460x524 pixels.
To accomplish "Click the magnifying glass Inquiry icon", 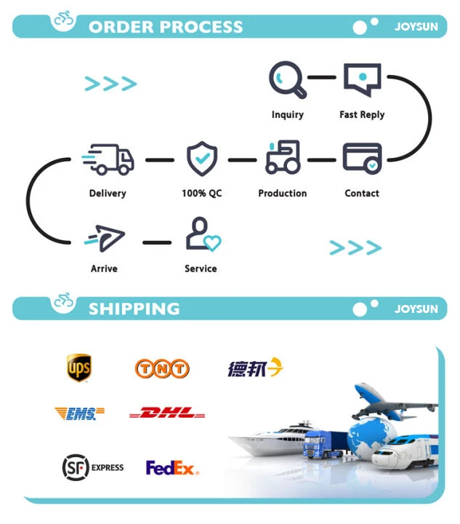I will pyautogui.click(x=287, y=79).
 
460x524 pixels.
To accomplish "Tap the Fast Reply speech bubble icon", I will pyautogui.click(x=362, y=79).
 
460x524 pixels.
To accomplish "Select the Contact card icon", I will pyautogui.click(x=362, y=158).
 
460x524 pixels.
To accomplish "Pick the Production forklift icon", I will pyautogui.click(x=283, y=158).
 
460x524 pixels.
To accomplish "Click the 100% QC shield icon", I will pyautogui.click(x=203, y=159).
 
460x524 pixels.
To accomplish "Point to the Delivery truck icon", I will pyautogui.click(x=108, y=159).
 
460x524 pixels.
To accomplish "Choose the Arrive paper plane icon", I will pyautogui.click(x=106, y=237).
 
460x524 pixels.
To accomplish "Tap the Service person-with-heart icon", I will pyautogui.click(x=202, y=235).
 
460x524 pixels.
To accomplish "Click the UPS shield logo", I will pyautogui.click(x=78, y=368).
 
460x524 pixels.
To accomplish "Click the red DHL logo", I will pyautogui.click(x=166, y=413).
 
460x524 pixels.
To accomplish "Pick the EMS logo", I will pyautogui.click(x=79, y=413).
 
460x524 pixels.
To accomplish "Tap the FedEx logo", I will pyautogui.click(x=172, y=468).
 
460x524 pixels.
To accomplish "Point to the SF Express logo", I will pyautogui.click(x=93, y=467).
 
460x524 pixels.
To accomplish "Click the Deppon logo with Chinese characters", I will pyautogui.click(x=254, y=368).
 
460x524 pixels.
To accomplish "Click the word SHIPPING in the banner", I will pyautogui.click(x=134, y=309).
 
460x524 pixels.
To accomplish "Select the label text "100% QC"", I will pyautogui.click(x=203, y=194).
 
